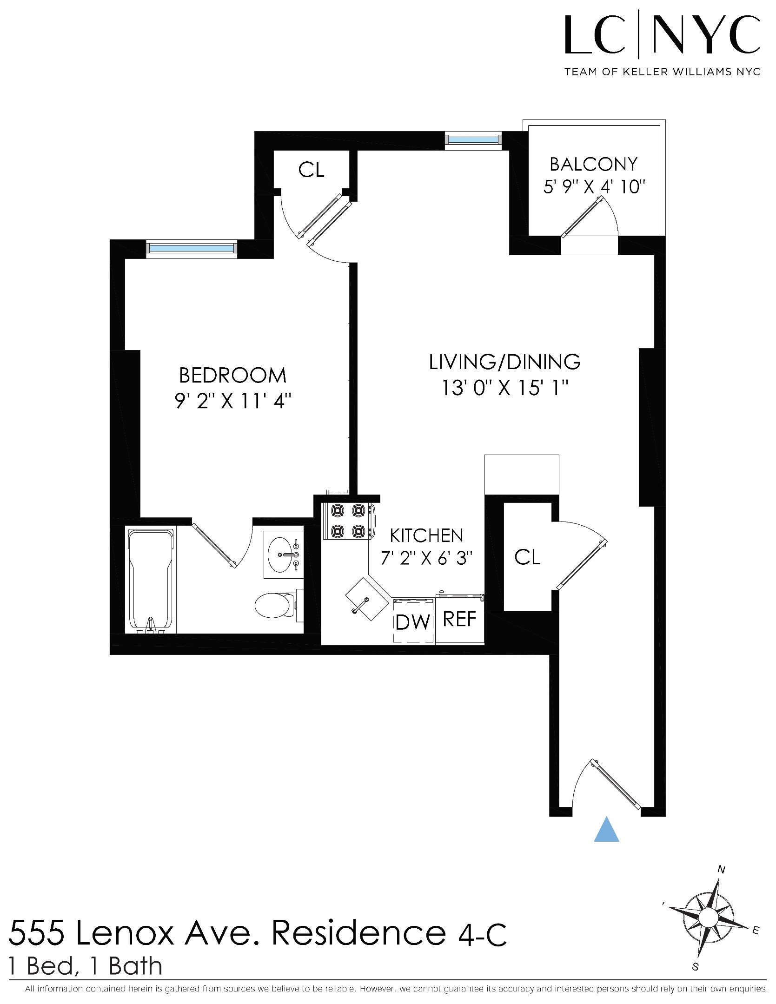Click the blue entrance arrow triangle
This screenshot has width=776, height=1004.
(x=606, y=831)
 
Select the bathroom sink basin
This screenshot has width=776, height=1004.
(x=281, y=555)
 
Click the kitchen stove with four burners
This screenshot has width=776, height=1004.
(x=347, y=521)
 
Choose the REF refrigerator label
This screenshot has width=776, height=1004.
(x=459, y=619)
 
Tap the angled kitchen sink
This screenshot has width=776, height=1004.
(x=367, y=599)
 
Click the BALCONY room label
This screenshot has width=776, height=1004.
(x=593, y=164)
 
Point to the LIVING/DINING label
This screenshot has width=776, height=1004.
(x=504, y=362)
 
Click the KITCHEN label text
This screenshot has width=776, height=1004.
(x=426, y=535)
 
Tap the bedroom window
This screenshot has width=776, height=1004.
(x=192, y=248)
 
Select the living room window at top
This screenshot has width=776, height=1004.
(x=473, y=139)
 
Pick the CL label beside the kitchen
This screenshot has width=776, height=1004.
(x=527, y=557)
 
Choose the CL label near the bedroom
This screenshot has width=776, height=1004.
(x=311, y=170)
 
